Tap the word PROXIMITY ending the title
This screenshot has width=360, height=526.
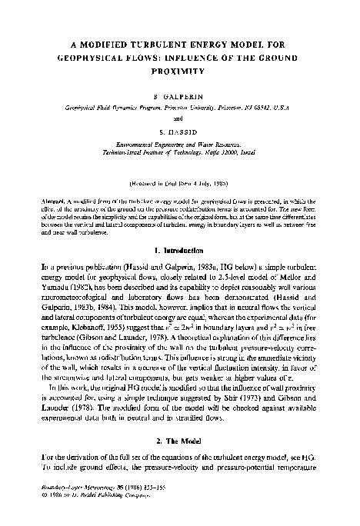[179, 70]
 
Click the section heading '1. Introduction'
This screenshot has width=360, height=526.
[179, 249]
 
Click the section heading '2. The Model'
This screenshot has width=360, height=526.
[179, 443]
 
